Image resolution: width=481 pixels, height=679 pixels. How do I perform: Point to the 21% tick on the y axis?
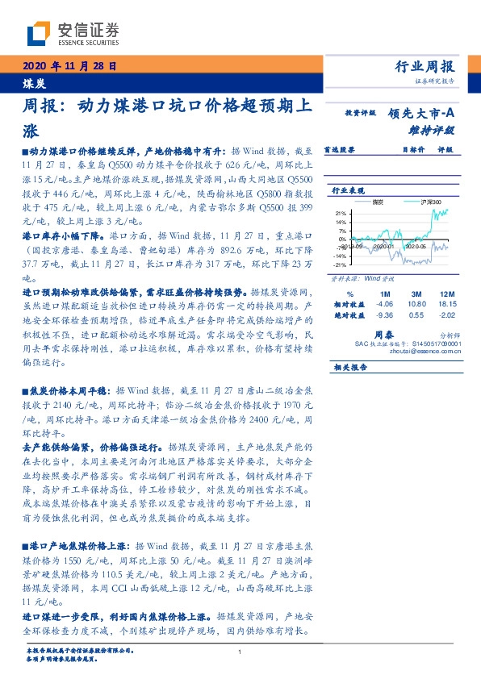(x=341, y=213)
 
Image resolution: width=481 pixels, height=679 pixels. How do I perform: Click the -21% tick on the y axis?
(x=340, y=265)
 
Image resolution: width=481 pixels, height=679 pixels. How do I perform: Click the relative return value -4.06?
(x=383, y=304)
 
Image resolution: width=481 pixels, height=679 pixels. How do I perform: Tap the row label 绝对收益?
(x=348, y=315)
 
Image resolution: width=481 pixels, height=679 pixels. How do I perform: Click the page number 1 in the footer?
(x=240, y=652)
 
